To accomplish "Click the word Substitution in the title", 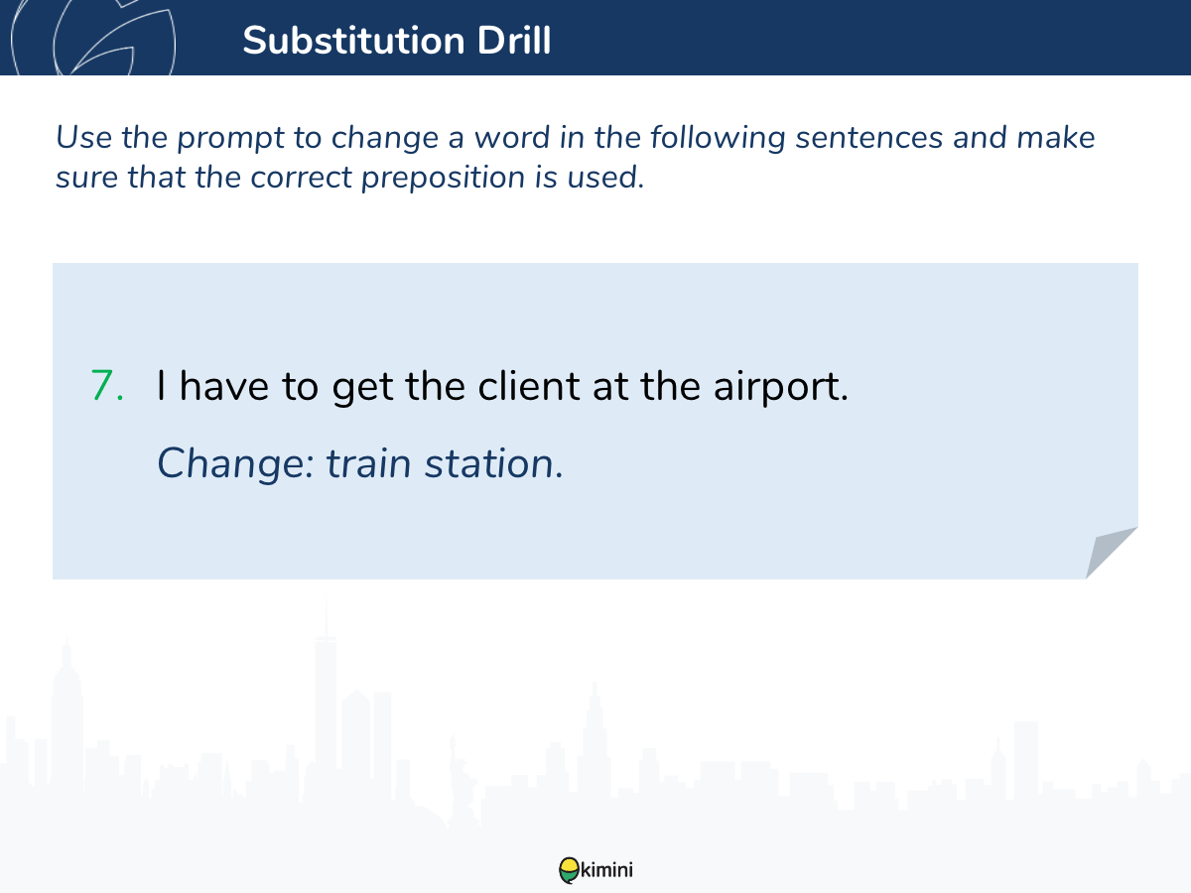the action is click(x=353, y=41).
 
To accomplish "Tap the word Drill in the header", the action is click(x=514, y=41).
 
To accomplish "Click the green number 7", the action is click(x=107, y=386).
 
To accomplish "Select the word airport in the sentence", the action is click(x=780, y=388).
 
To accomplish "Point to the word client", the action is click(x=528, y=386).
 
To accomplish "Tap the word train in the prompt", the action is click(x=368, y=464).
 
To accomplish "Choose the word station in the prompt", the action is click(x=493, y=464).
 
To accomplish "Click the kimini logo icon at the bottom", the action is click(x=569, y=870).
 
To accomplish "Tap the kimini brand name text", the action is click(x=606, y=870).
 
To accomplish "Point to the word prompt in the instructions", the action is click(x=230, y=138).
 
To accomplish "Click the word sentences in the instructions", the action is click(x=869, y=137).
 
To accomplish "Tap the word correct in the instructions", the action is click(x=301, y=178).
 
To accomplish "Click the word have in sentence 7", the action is click(x=223, y=386).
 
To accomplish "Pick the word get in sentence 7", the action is click(x=362, y=388).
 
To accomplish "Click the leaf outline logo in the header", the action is click(x=93, y=38).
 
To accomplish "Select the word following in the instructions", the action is click(x=718, y=138).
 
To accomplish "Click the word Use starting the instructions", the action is click(x=83, y=137).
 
